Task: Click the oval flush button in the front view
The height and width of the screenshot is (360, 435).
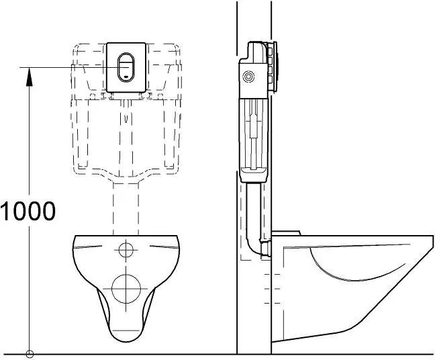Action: [x=126, y=67]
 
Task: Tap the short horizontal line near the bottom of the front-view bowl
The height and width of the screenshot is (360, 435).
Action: [x=126, y=330]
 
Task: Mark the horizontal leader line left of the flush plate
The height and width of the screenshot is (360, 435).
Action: [x=64, y=67]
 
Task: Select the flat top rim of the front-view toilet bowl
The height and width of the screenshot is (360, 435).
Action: [x=126, y=236]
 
